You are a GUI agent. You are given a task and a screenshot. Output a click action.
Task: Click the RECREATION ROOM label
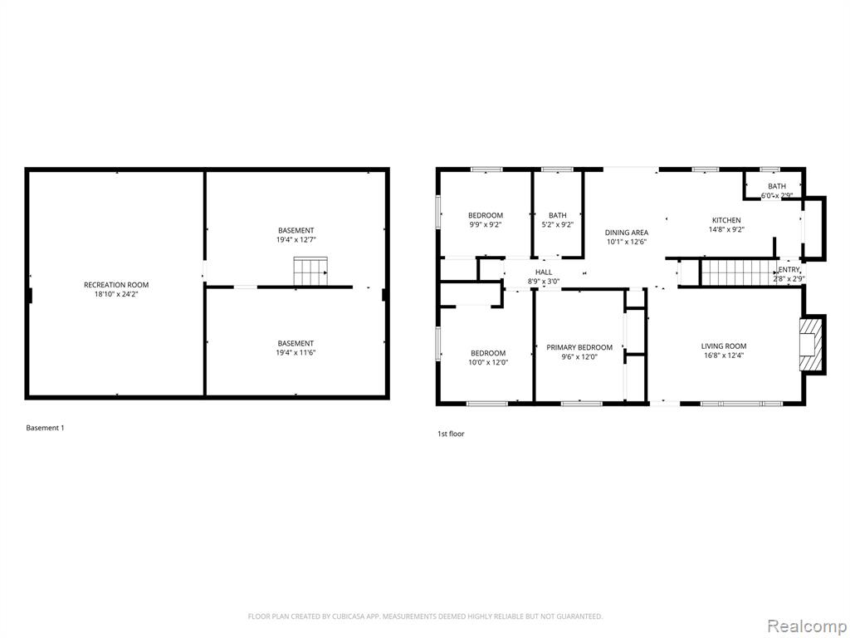tap(116, 285)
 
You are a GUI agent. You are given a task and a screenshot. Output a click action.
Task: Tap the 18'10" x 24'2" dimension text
tap(116, 295)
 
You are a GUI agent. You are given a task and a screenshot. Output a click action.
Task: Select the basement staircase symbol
tap(310, 272)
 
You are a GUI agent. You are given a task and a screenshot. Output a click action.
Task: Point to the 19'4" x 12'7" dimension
tap(296, 240)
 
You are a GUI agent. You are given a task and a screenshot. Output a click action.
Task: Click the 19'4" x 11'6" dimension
tap(296, 352)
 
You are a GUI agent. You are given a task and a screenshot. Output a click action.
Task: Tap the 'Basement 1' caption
tap(45, 428)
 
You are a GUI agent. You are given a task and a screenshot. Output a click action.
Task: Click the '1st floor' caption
tap(451, 434)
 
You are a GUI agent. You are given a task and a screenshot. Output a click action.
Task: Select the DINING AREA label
tap(627, 233)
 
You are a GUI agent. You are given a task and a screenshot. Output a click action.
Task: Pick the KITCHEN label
tap(726, 220)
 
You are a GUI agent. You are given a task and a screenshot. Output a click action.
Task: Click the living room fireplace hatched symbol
tap(811, 345)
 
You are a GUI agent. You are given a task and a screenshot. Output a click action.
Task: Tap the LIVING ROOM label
tap(724, 346)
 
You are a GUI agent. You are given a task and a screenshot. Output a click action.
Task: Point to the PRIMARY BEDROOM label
tap(579, 347)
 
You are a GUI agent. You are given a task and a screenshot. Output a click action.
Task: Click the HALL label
tap(544, 272)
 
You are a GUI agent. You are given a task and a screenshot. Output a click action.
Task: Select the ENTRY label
tap(789, 270)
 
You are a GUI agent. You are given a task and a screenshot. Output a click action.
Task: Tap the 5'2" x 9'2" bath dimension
tap(557, 225)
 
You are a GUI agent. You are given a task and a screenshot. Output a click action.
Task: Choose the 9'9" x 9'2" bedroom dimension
tap(486, 225)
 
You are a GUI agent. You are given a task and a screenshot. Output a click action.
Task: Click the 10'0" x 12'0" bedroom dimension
tap(488, 363)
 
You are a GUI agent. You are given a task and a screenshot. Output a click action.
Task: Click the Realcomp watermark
tap(806, 626)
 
